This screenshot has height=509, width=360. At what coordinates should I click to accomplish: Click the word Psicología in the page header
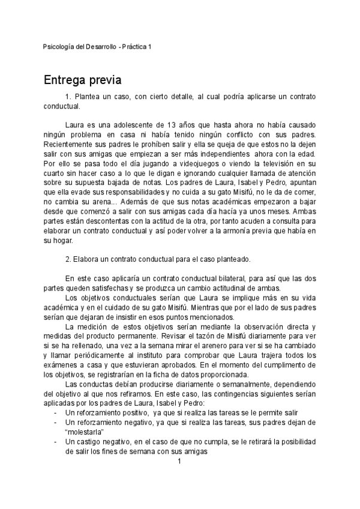click(61, 46)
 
